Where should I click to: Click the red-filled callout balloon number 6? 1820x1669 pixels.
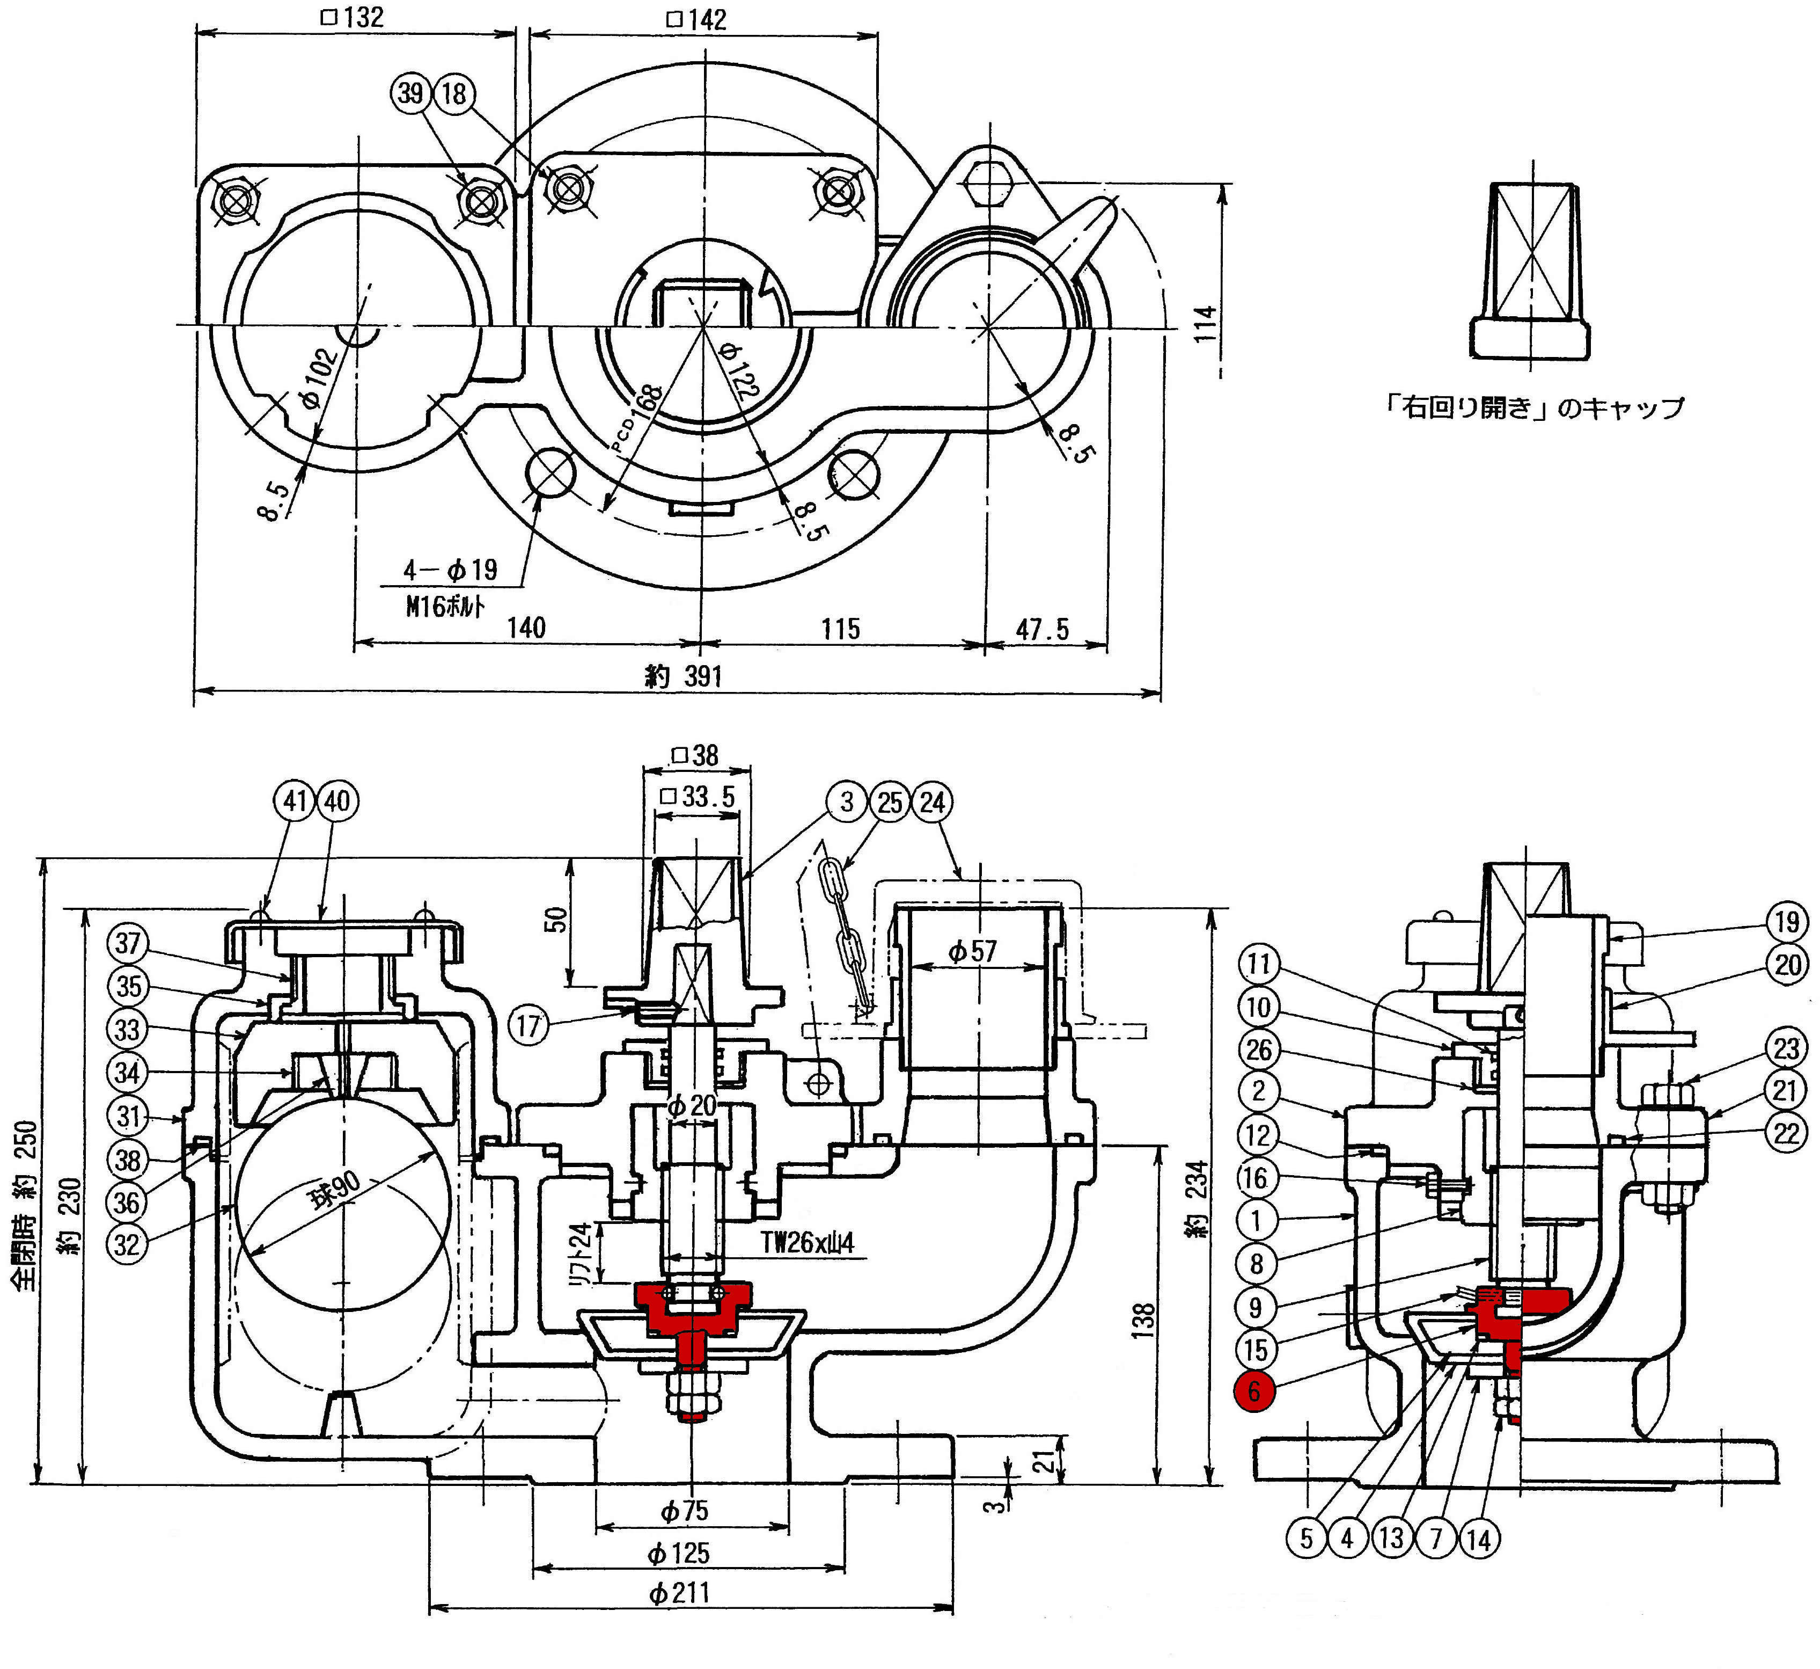[1254, 1391]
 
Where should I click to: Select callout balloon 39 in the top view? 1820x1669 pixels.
[411, 93]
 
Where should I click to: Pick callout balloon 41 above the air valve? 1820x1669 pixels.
[295, 801]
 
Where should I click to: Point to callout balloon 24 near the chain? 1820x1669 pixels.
[933, 802]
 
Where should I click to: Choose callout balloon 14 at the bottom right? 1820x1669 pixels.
[1479, 1538]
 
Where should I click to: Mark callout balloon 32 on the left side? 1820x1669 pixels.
[127, 1244]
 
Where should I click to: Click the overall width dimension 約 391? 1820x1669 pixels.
[684, 675]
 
